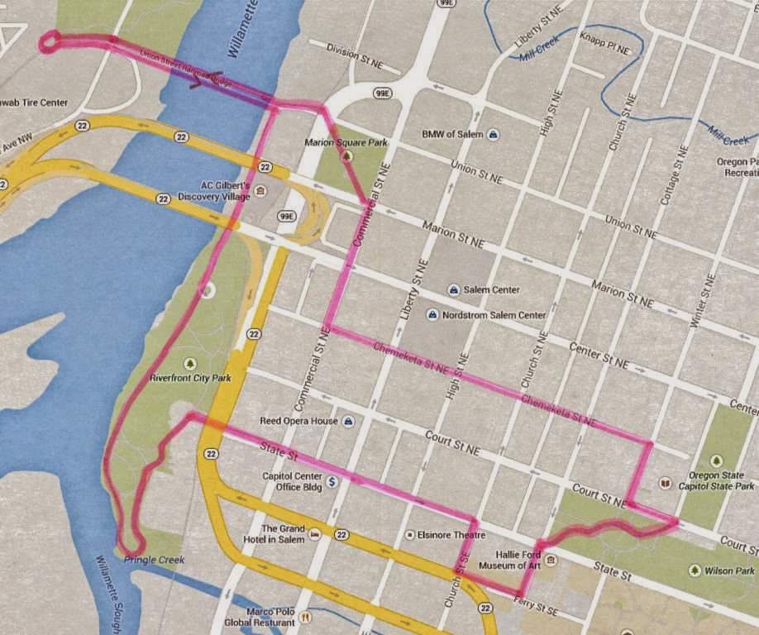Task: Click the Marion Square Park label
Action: [346, 142]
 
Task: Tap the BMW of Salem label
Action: [452, 134]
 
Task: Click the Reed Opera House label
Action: [298, 421]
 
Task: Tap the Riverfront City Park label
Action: [190, 378]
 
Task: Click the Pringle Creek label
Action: [154, 560]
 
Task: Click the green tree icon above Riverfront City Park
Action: [191, 363]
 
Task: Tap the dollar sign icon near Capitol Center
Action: [332, 480]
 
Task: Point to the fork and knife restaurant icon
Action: [305, 616]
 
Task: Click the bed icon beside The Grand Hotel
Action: [314, 535]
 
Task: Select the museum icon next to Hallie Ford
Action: [551, 560]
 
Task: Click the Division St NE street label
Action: [354, 54]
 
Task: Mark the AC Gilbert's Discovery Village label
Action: [225, 190]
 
